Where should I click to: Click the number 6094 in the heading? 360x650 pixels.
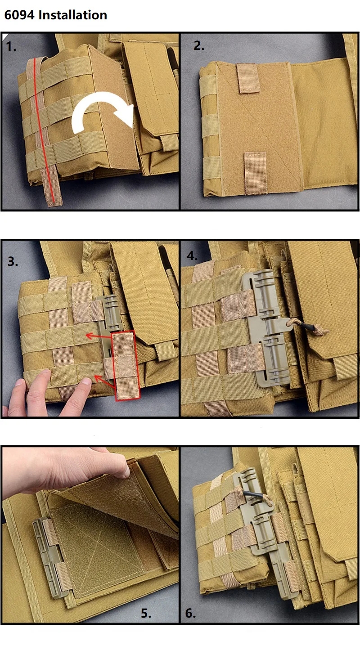[19, 15]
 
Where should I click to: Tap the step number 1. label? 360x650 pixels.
[11, 47]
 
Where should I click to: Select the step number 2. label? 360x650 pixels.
[199, 46]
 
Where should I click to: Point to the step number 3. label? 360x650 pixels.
[13, 261]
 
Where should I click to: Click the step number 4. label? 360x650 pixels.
[192, 256]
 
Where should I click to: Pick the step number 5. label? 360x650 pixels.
[146, 613]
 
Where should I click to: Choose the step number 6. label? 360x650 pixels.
[190, 613]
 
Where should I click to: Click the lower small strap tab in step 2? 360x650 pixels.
[256, 173]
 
